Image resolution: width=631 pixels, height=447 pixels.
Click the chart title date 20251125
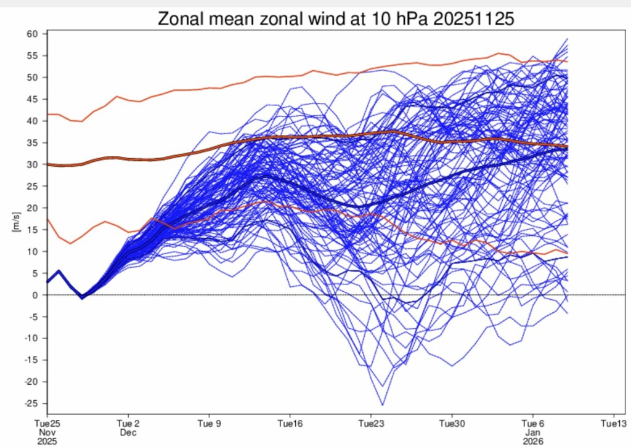473,18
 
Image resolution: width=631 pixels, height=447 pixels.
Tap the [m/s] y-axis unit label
16,222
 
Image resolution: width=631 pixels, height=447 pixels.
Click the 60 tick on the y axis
32,34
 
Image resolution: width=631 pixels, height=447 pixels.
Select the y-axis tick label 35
32,143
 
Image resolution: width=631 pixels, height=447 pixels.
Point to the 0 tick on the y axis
35,295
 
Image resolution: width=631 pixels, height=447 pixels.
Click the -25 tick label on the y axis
31,403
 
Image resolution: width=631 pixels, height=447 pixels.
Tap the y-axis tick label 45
32,99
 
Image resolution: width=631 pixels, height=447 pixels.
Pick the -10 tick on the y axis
31,339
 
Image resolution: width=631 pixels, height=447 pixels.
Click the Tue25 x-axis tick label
47,424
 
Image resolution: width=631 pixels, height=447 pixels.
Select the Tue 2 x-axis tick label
128,424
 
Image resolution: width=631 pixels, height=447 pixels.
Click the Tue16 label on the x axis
290,424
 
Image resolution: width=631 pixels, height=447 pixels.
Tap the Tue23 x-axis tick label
371,424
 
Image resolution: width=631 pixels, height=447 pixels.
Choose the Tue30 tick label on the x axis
452,424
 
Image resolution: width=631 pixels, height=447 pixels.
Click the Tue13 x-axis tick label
614,424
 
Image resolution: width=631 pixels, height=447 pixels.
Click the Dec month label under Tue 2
128,432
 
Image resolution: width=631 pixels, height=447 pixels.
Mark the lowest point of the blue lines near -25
382,405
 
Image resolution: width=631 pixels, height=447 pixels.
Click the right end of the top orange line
568,62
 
